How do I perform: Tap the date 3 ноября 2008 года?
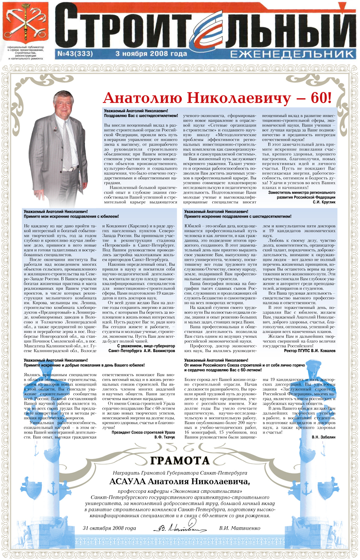coord(151,54)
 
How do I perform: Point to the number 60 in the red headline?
coord(318,98)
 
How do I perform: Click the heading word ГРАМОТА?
coord(180,460)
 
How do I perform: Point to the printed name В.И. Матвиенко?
coord(239,528)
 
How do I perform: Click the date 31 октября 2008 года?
coord(109,528)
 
